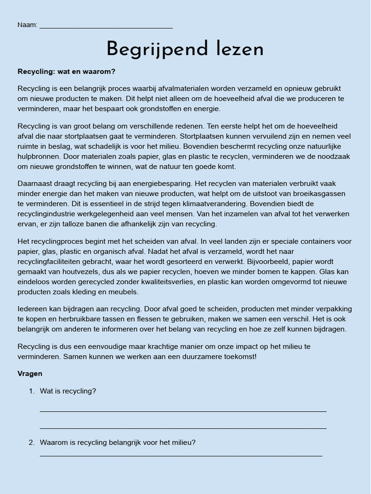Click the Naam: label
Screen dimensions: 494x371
click(x=28, y=25)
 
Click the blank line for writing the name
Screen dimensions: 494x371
click(x=106, y=27)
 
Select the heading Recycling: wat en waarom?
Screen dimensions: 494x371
click(x=67, y=72)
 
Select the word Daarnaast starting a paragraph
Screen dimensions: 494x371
click(x=35, y=183)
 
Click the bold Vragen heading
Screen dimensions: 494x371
click(x=30, y=374)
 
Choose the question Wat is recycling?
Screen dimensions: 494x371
click(x=68, y=391)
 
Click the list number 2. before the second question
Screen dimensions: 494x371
click(x=31, y=442)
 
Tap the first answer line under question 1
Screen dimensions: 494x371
click(x=183, y=411)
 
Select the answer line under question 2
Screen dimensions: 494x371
click(x=181, y=455)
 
